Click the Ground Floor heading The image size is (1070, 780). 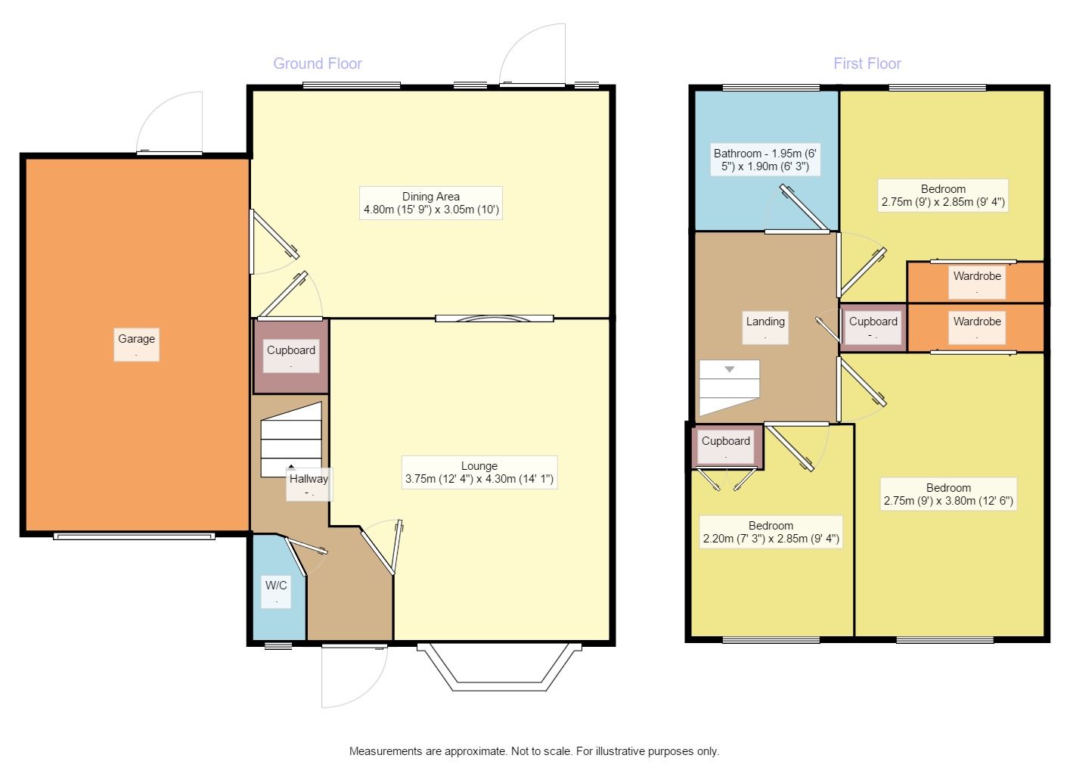[317, 64]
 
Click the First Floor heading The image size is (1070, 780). [867, 64]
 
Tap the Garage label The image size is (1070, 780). [137, 344]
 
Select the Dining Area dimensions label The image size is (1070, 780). [431, 203]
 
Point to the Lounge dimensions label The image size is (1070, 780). [479, 472]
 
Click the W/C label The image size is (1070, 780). [276, 591]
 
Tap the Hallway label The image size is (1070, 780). [309, 485]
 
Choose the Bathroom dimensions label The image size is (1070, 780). [765, 160]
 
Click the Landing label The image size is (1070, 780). [765, 328]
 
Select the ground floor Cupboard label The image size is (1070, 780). [291, 356]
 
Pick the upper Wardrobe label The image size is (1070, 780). [977, 282]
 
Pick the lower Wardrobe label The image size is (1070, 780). [977, 328]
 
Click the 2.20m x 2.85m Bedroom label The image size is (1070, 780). [771, 532]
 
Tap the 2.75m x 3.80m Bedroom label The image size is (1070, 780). [948, 494]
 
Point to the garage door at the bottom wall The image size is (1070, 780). [135, 536]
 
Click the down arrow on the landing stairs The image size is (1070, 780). [730, 369]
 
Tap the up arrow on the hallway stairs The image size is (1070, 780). [291, 467]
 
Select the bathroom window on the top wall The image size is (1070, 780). [771, 88]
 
